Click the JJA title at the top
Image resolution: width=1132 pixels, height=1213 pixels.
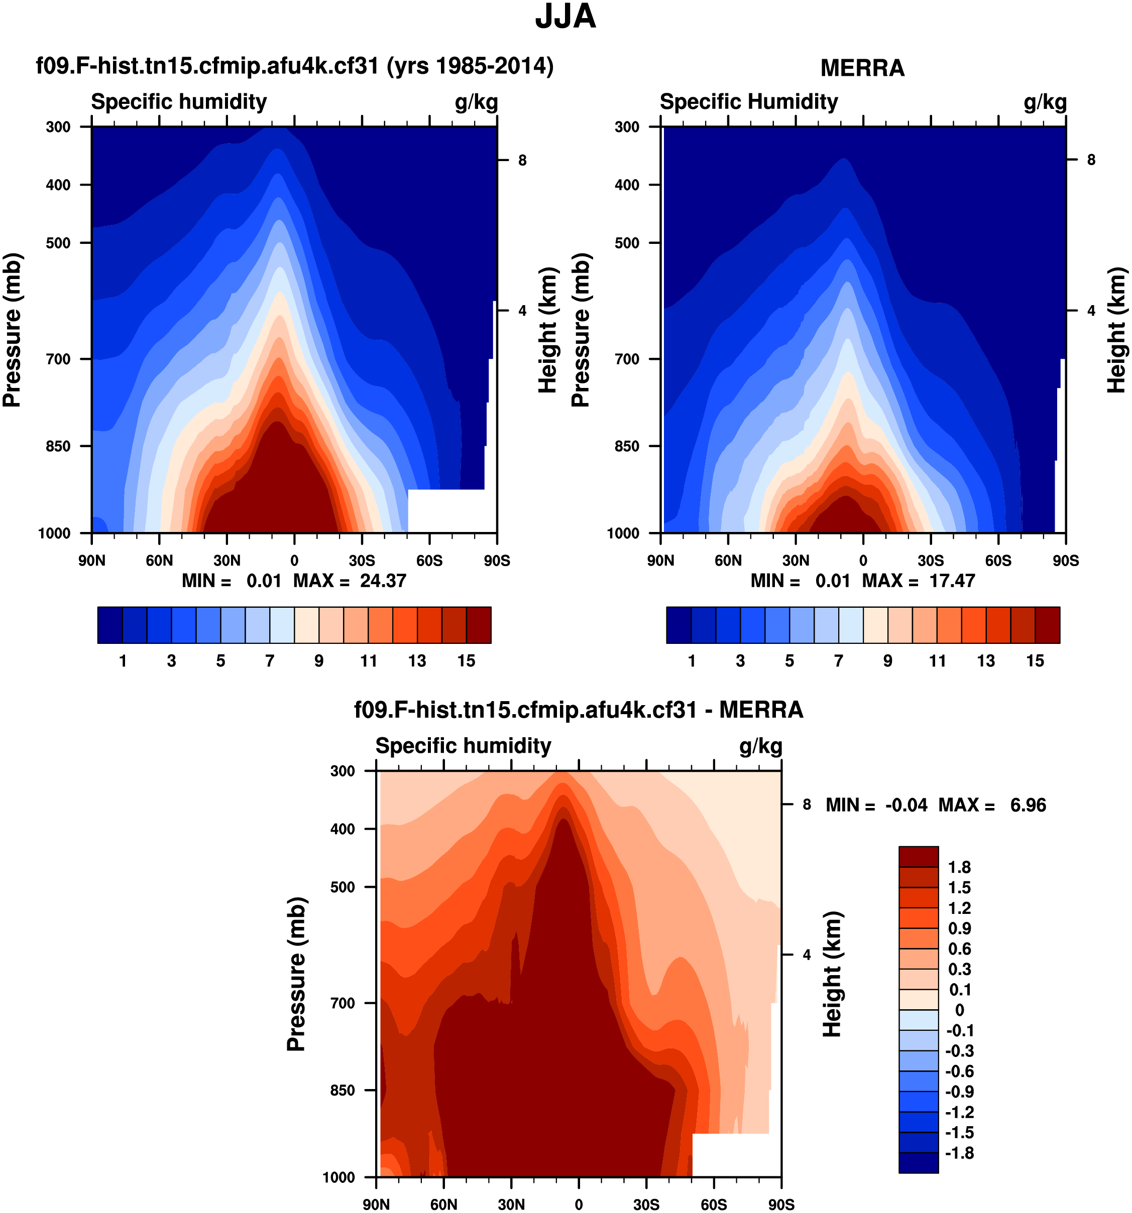click(x=565, y=17)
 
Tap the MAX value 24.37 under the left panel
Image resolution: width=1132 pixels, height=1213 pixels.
click(x=383, y=580)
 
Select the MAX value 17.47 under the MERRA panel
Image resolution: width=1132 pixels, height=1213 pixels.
click(x=952, y=580)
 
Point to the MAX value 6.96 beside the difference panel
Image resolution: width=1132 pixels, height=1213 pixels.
click(x=1028, y=805)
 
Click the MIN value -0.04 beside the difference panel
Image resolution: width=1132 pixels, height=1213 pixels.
click(x=906, y=805)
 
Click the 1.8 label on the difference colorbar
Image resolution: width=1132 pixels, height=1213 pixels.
click(x=959, y=867)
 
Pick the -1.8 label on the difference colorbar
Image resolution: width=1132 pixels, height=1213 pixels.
click(x=959, y=1153)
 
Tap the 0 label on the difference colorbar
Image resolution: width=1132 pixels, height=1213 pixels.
click(x=959, y=1010)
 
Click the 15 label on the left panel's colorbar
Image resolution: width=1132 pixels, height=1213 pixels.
click(x=466, y=661)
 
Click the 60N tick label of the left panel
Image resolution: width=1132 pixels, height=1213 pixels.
click(x=159, y=560)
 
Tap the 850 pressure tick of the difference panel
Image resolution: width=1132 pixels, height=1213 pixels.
click(x=342, y=1090)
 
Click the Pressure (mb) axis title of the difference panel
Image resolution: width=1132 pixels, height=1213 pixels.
click(x=296, y=974)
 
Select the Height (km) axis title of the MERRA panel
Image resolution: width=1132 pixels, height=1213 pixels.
click(x=1116, y=330)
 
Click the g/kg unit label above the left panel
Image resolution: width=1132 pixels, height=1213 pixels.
click(x=476, y=102)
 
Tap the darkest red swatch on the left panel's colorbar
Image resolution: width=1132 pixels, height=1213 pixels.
click(x=478, y=624)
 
